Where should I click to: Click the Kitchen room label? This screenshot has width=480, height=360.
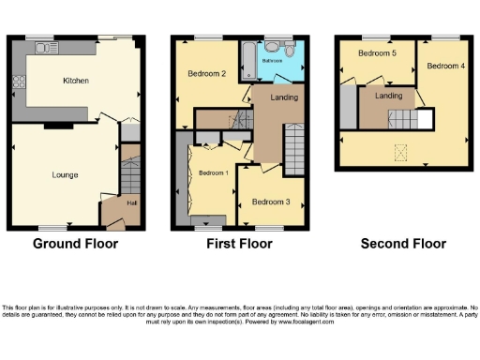click(76, 82)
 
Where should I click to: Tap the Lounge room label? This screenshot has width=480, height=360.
click(65, 175)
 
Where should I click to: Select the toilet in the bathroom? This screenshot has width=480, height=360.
click(292, 50)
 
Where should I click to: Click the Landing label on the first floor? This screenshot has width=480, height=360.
click(284, 97)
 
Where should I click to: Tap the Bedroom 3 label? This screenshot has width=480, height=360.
click(270, 202)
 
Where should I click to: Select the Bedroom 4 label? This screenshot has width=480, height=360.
click(445, 67)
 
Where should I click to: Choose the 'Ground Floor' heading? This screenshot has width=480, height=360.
click(76, 244)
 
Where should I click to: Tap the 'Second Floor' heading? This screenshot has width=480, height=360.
click(403, 244)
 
